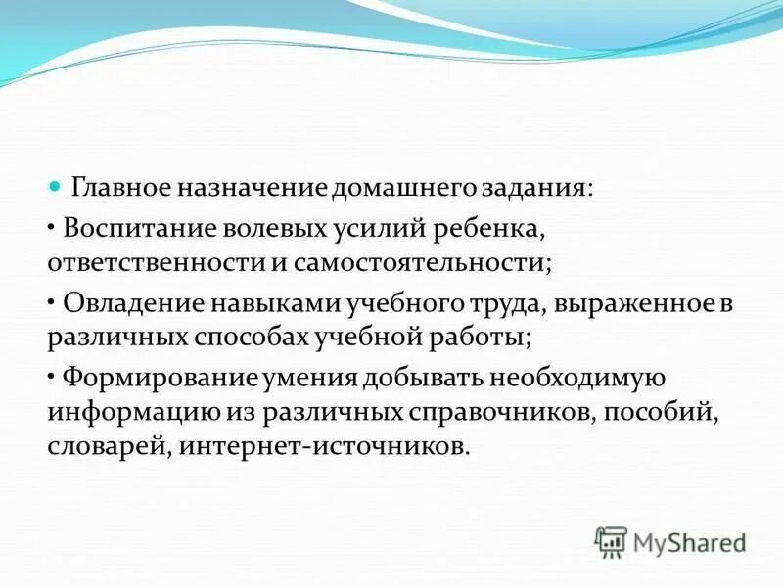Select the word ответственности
pos(153,263)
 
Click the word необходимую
pos(577,377)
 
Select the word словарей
pos(94,447)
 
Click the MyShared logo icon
pos(610,540)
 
